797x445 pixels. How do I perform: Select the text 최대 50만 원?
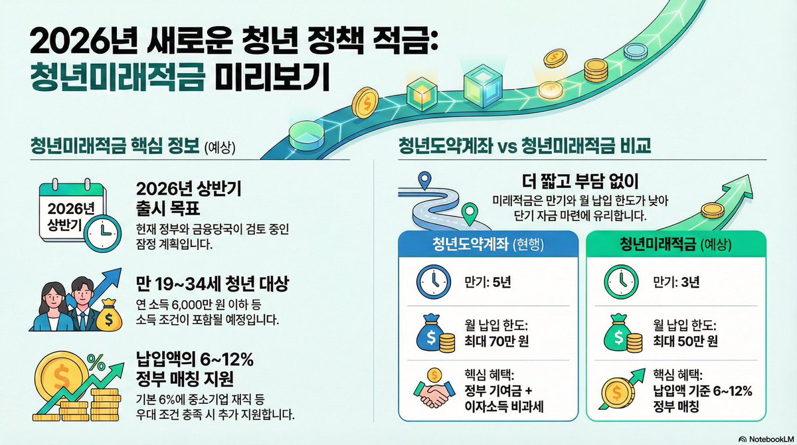tap(686, 343)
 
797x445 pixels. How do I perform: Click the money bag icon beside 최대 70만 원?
tap(432, 335)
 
